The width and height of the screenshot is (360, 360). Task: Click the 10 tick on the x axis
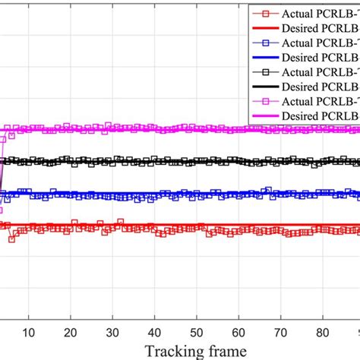[28, 332]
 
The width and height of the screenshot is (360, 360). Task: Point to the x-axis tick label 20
[70, 332]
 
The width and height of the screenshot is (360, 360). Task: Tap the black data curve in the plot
[152, 161]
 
